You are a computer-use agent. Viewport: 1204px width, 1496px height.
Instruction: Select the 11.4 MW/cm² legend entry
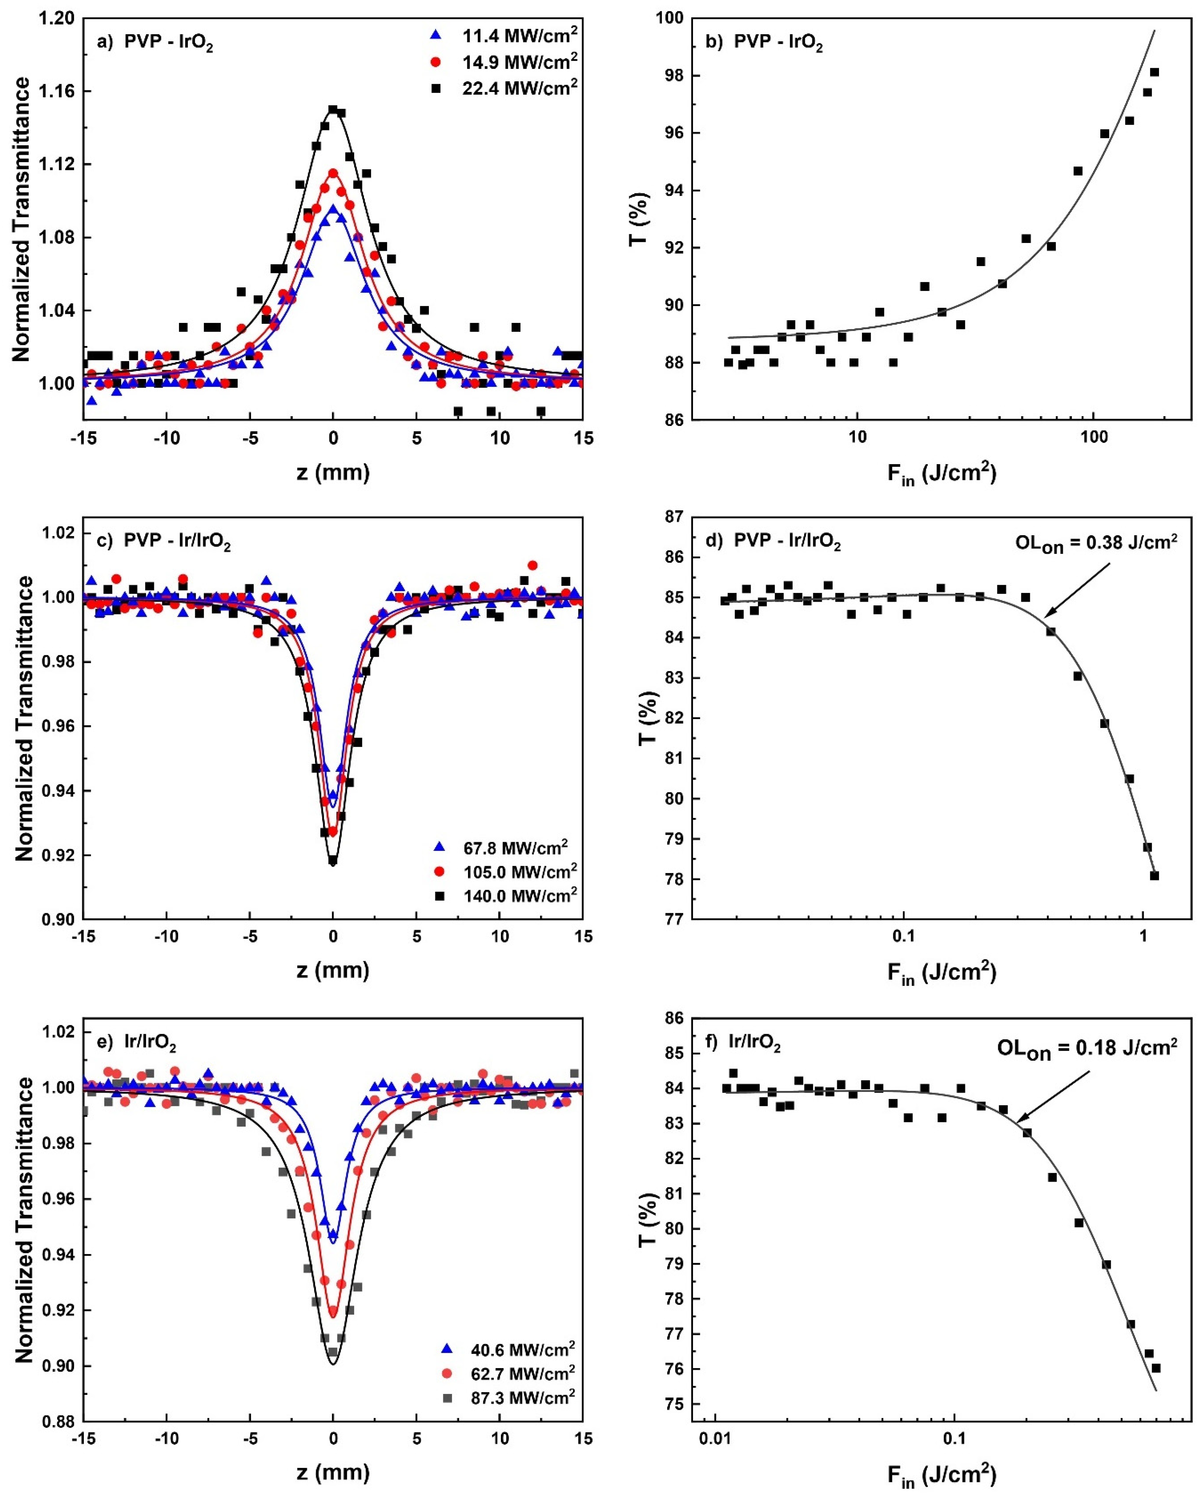pos(519,34)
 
